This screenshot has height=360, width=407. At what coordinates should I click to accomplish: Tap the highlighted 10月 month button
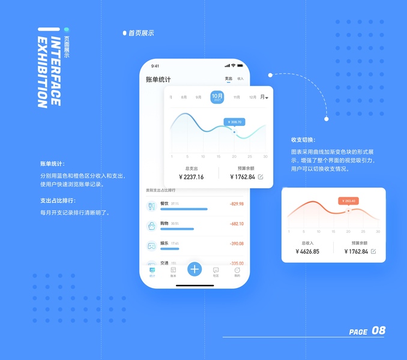(x=217, y=97)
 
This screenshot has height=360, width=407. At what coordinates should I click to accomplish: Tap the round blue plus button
(x=194, y=269)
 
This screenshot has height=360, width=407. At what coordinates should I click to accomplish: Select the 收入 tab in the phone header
(x=240, y=79)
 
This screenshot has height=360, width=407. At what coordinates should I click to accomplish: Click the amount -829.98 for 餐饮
(x=237, y=204)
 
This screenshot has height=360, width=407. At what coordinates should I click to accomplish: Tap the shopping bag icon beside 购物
(x=151, y=226)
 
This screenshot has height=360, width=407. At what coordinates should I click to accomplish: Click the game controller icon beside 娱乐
(x=151, y=246)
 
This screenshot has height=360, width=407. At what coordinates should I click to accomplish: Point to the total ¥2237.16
(x=191, y=177)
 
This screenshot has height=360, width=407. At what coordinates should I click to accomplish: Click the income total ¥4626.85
(x=307, y=251)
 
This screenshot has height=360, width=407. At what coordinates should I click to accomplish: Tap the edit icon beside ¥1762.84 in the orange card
(x=373, y=251)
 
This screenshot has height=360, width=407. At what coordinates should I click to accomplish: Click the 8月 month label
(x=184, y=97)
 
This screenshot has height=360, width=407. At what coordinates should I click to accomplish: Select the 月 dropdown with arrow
(x=264, y=97)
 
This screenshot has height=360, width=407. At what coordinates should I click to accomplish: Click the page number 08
(x=379, y=331)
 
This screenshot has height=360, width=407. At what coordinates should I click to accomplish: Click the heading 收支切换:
(x=303, y=140)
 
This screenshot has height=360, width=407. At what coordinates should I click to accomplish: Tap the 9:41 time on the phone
(x=155, y=66)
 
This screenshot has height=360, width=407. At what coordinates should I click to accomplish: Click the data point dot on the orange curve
(x=348, y=211)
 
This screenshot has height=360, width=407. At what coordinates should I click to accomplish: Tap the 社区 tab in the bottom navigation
(x=216, y=272)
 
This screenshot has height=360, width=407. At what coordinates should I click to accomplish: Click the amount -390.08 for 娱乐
(x=237, y=244)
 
